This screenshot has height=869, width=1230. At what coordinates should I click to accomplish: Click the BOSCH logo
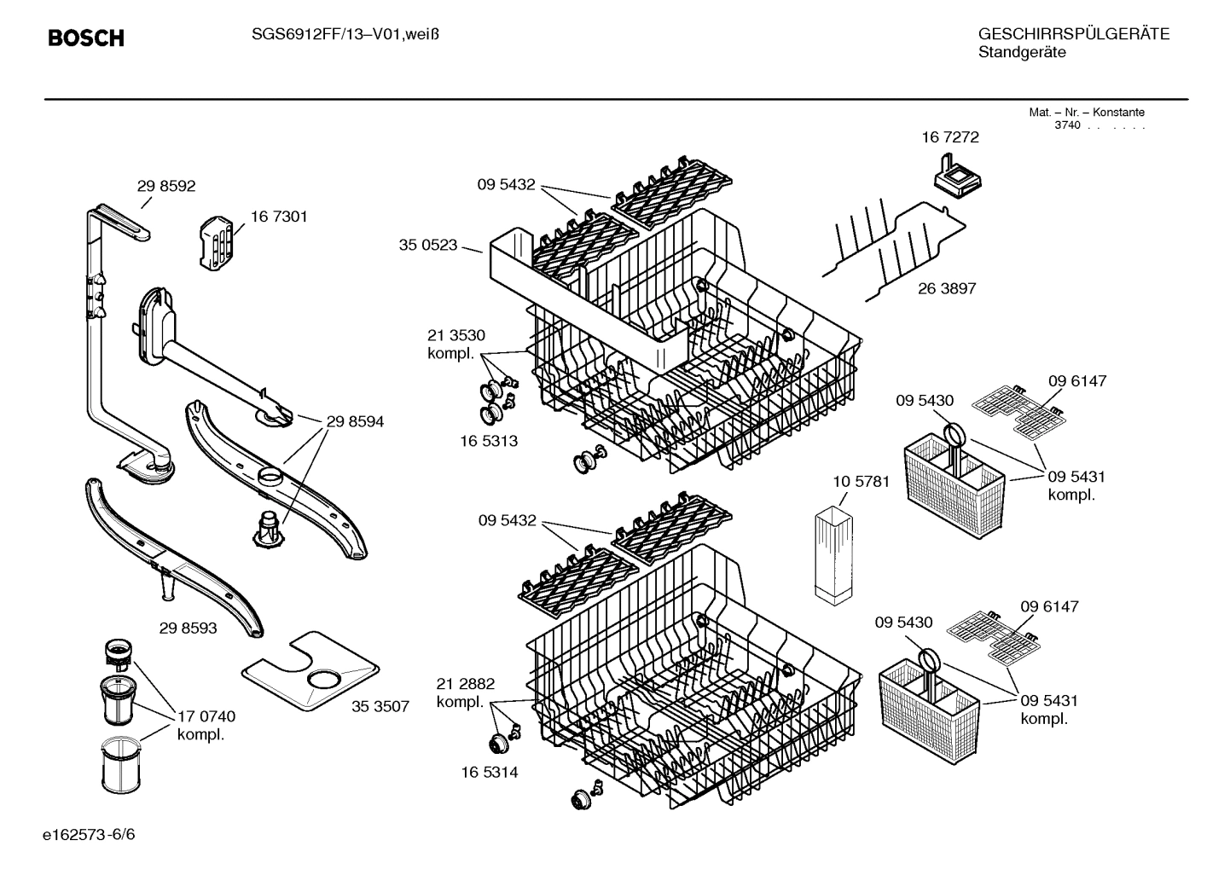point(86,38)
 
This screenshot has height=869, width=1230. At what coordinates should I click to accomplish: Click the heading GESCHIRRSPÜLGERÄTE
point(1073,34)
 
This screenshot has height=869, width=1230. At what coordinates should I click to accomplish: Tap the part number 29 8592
point(166,187)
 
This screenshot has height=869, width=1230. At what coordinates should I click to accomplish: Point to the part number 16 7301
point(279,217)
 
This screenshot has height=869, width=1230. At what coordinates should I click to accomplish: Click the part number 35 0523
point(428,246)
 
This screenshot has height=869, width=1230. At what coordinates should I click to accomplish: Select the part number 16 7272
point(950,137)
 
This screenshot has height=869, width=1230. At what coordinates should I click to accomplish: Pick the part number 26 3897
point(947,288)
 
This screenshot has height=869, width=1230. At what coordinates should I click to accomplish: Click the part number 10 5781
point(861,481)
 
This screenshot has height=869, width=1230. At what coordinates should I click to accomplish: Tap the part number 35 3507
point(380,706)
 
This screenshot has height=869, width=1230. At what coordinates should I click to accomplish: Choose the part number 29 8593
point(188,628)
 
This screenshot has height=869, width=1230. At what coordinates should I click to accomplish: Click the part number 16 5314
point(489,772)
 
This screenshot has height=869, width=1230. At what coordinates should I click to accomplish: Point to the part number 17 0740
point(206,715)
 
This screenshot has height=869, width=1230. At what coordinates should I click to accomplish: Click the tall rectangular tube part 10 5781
point(833,556)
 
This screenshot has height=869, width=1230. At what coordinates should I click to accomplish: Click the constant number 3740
point(1066,125)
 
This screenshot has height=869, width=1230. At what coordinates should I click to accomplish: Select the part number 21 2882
point(466,684)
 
